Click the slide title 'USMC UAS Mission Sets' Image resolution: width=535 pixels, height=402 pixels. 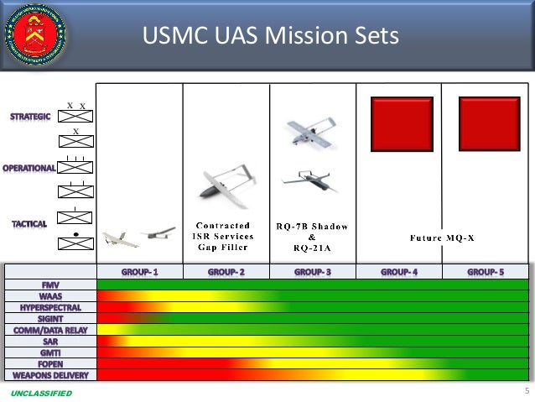270,36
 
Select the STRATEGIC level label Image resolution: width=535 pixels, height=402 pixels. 30,117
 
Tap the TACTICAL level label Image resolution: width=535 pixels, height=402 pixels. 29,224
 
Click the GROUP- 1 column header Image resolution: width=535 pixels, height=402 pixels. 140,272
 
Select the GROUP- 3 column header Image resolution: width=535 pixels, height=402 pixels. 312,272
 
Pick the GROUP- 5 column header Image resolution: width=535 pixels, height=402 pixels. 486,272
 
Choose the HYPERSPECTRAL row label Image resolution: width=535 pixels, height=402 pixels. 50,307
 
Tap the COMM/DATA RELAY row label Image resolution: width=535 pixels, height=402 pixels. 50,330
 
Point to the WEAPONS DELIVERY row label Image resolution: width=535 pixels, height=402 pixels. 50,374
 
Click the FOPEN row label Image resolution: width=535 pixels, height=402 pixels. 50,363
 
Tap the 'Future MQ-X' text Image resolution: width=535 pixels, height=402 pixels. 442,238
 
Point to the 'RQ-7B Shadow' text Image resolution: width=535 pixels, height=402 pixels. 312,226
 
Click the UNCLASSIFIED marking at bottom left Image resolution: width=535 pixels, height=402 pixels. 42,394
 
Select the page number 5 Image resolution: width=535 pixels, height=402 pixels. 526,391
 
